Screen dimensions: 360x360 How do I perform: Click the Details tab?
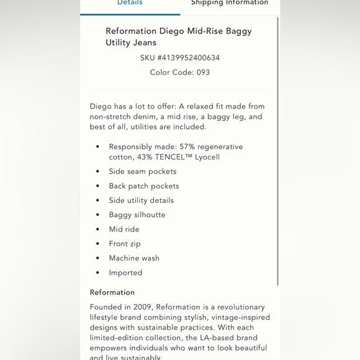pos(130,3)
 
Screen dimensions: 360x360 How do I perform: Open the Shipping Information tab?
pos(230,3)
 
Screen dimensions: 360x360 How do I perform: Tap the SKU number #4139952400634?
pos(189,58)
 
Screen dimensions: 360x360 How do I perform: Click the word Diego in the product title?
pos(171,31)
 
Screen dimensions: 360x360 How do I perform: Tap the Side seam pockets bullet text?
pos(143,171)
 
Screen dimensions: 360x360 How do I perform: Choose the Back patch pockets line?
pos(144,186)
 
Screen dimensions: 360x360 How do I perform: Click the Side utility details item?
pos(142,200)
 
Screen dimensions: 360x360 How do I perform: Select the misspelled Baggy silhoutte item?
pos(137,215)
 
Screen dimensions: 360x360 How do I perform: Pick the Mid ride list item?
pos(124,229)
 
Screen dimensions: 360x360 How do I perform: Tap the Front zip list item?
pos(125,244)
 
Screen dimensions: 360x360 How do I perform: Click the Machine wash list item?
pos(134,258)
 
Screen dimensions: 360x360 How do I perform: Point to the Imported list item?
pos(125,272)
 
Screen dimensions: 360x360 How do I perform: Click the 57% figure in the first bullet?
pos(187,146)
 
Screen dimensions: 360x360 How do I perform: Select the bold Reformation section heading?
pos(112,292)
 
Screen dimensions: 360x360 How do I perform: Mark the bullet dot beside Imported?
pos(97,272)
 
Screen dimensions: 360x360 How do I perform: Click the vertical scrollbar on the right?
pos(277,149)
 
